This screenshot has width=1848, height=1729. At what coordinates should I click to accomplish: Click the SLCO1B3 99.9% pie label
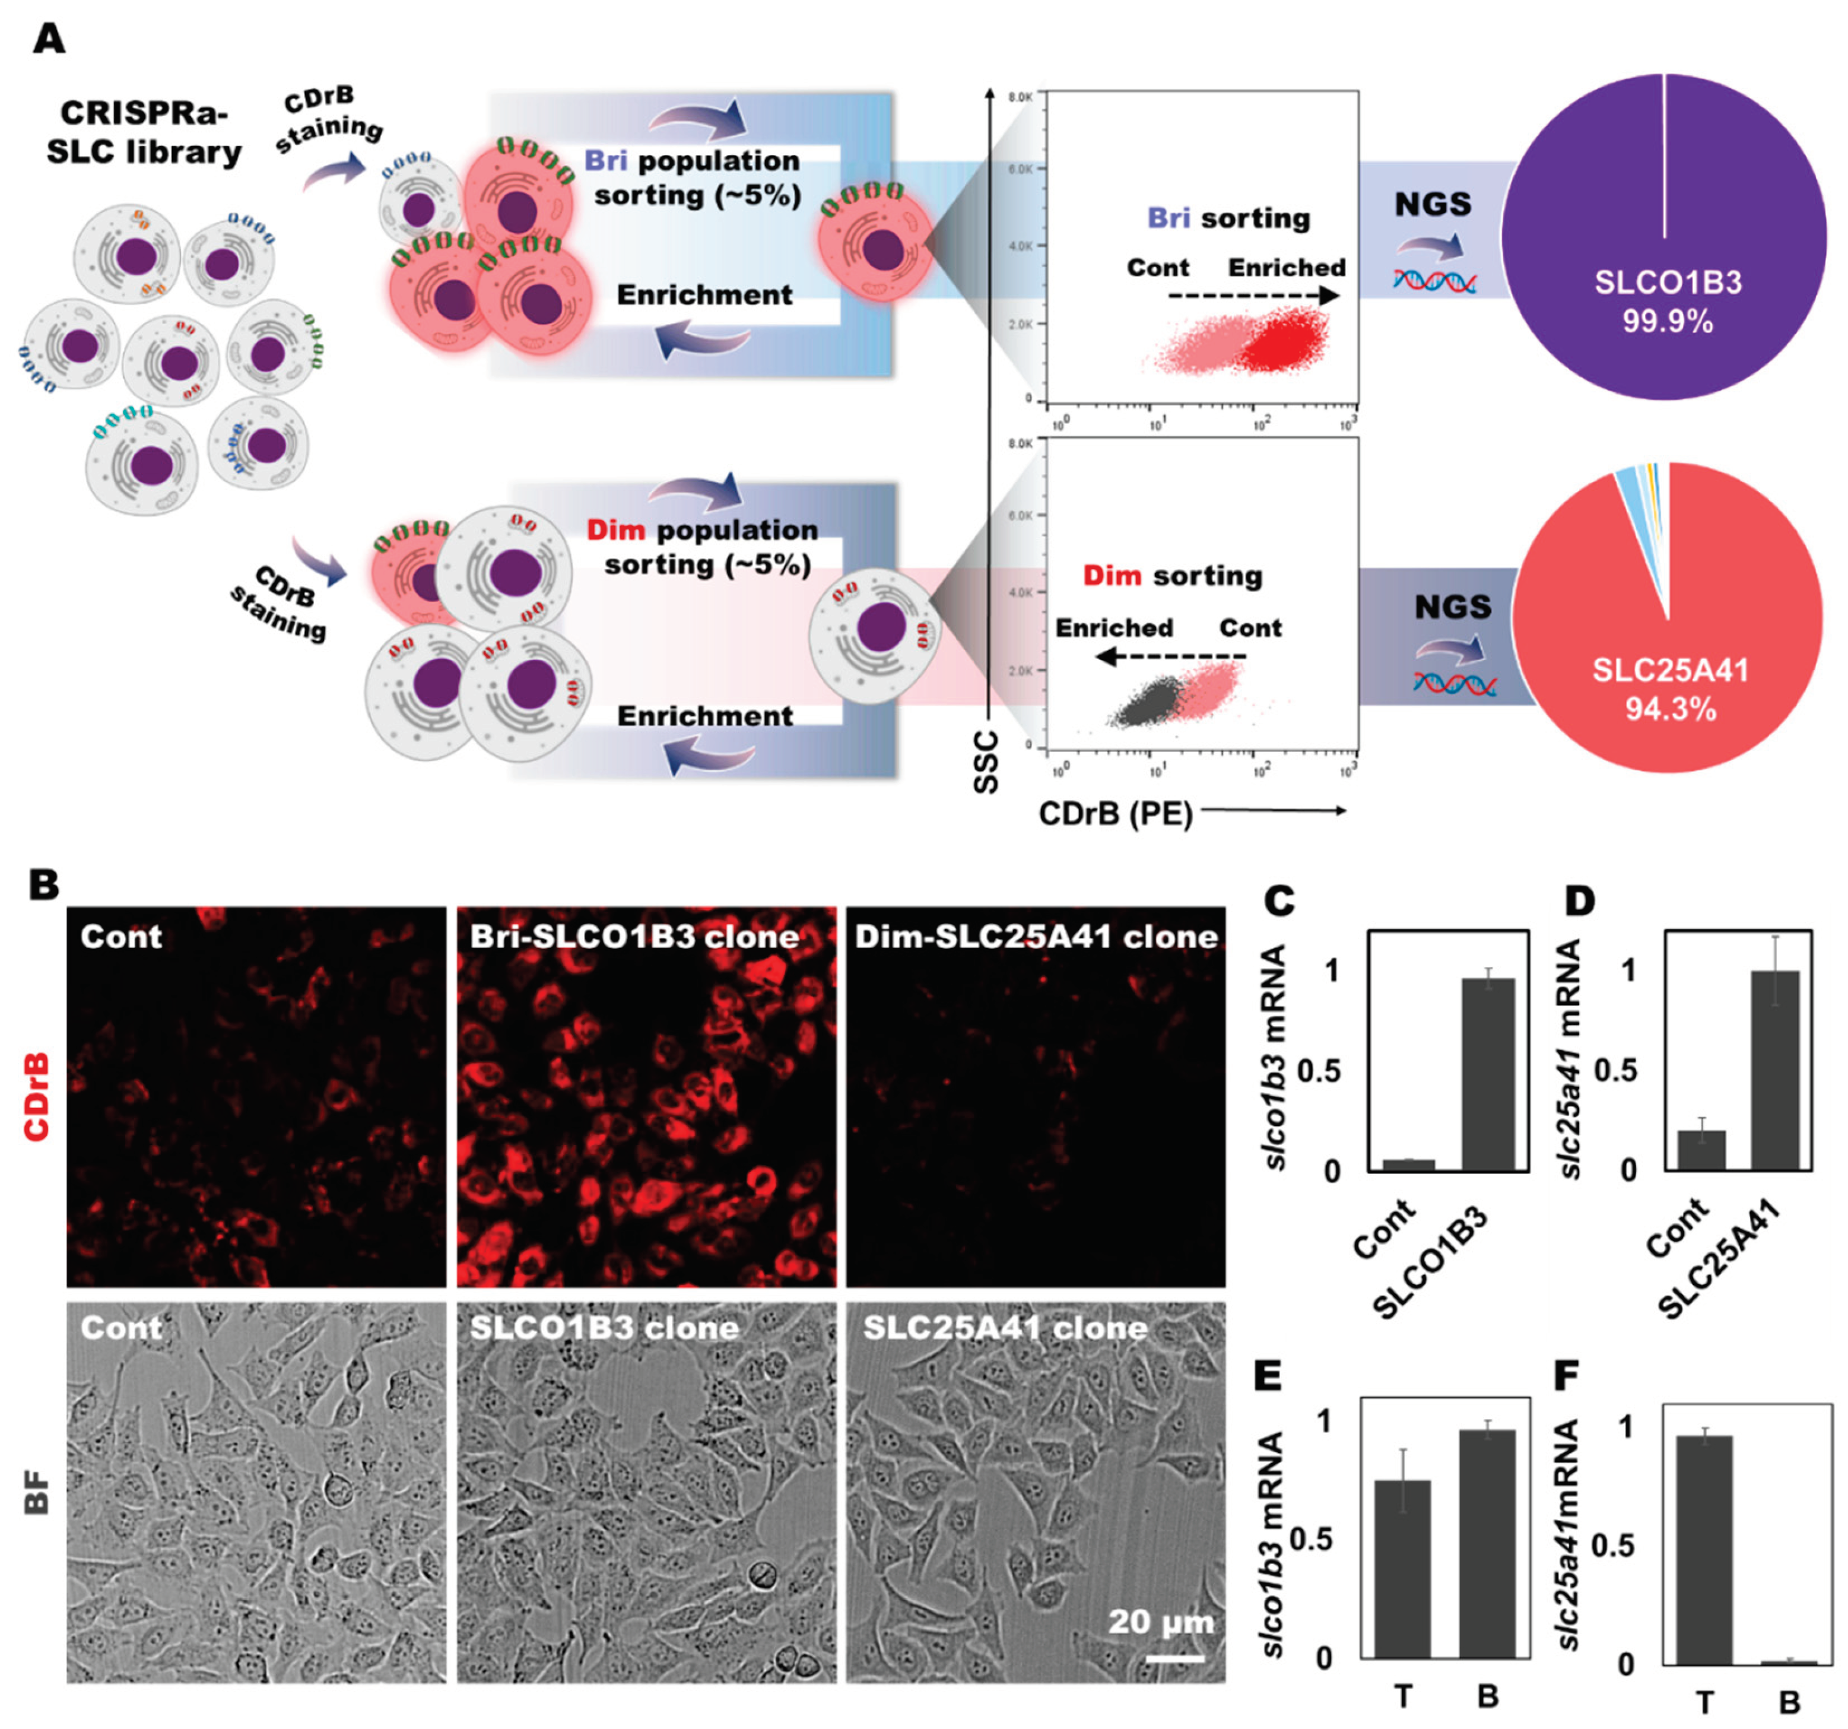[1668, 301]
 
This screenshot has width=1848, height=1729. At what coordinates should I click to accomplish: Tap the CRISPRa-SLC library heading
[144, 133]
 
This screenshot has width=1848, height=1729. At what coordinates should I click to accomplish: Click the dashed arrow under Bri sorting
[1252, 297]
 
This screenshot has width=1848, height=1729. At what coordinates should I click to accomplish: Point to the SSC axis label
[985, 762]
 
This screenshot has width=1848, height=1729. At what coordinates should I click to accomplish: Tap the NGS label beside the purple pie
[1433, 204]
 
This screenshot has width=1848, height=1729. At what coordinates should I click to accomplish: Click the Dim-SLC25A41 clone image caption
[1036, 936]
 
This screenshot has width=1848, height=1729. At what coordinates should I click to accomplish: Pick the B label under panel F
[1789, 1702]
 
